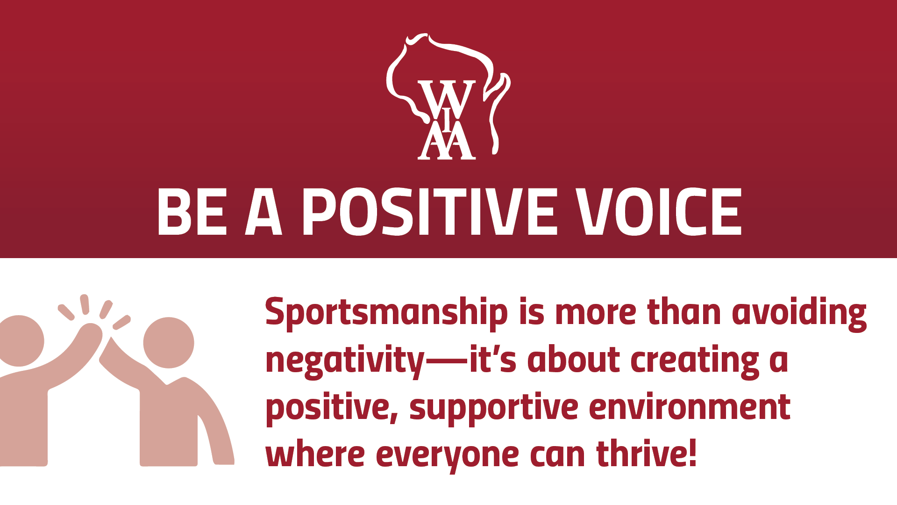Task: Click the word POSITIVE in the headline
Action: pos(430,212)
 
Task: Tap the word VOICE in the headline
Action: pos(659,212)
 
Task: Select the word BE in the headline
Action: pos(192,212)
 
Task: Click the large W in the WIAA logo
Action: pos(447,99)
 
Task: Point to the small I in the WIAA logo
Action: pos(447,120)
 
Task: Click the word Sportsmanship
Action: pos(386,313)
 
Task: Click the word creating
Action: pos(695,361)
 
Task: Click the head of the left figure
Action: pos(20,341)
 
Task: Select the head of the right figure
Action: pos(169,343)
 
